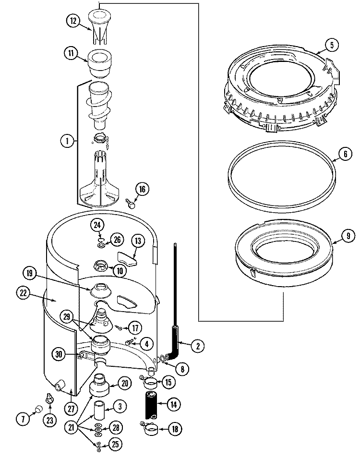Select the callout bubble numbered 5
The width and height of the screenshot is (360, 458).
coord(332,46)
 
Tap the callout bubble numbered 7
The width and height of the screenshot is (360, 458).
coord(22,418)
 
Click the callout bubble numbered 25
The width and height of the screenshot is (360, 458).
coord(114,444)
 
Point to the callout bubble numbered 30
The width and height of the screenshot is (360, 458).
coord(59,354)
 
